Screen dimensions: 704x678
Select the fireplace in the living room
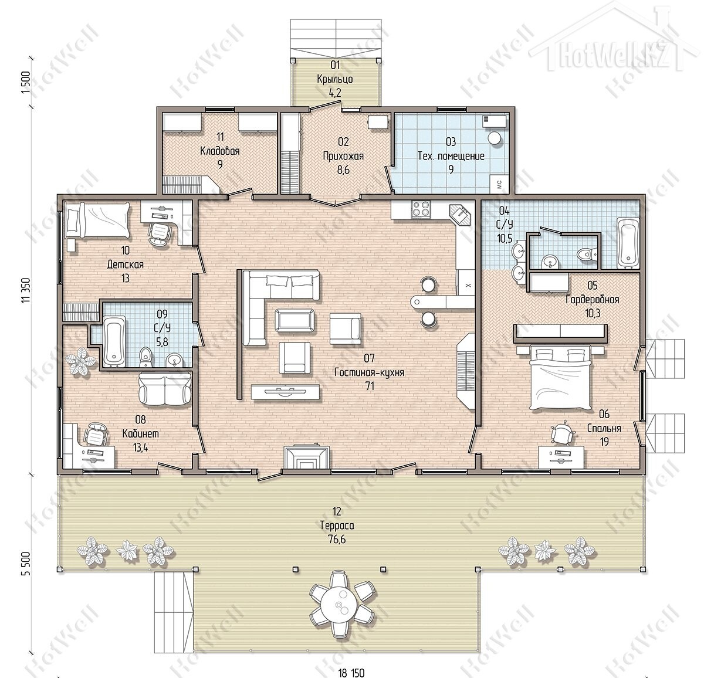(x=307, y=457)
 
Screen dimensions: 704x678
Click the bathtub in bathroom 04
(x=628, y=243)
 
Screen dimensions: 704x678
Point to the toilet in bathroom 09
(x=145, y=357)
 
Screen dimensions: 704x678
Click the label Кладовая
(x=220, y=151)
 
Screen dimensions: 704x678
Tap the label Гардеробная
(x=592, y=299)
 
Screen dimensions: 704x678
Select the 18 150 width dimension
(x=351, y=673)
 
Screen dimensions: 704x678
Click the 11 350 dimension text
(x=26, y=290)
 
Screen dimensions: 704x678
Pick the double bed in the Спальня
(x=560, y=377)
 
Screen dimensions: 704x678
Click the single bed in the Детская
(x=97, y=220)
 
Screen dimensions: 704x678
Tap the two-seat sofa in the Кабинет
(x=165, y=389)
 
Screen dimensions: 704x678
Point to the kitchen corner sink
(x=461, y=215)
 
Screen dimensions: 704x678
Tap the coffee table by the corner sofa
(x=295, y=320)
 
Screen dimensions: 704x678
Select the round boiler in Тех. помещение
(x=494, y=138)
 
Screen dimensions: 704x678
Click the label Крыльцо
(x=335, y=79)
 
